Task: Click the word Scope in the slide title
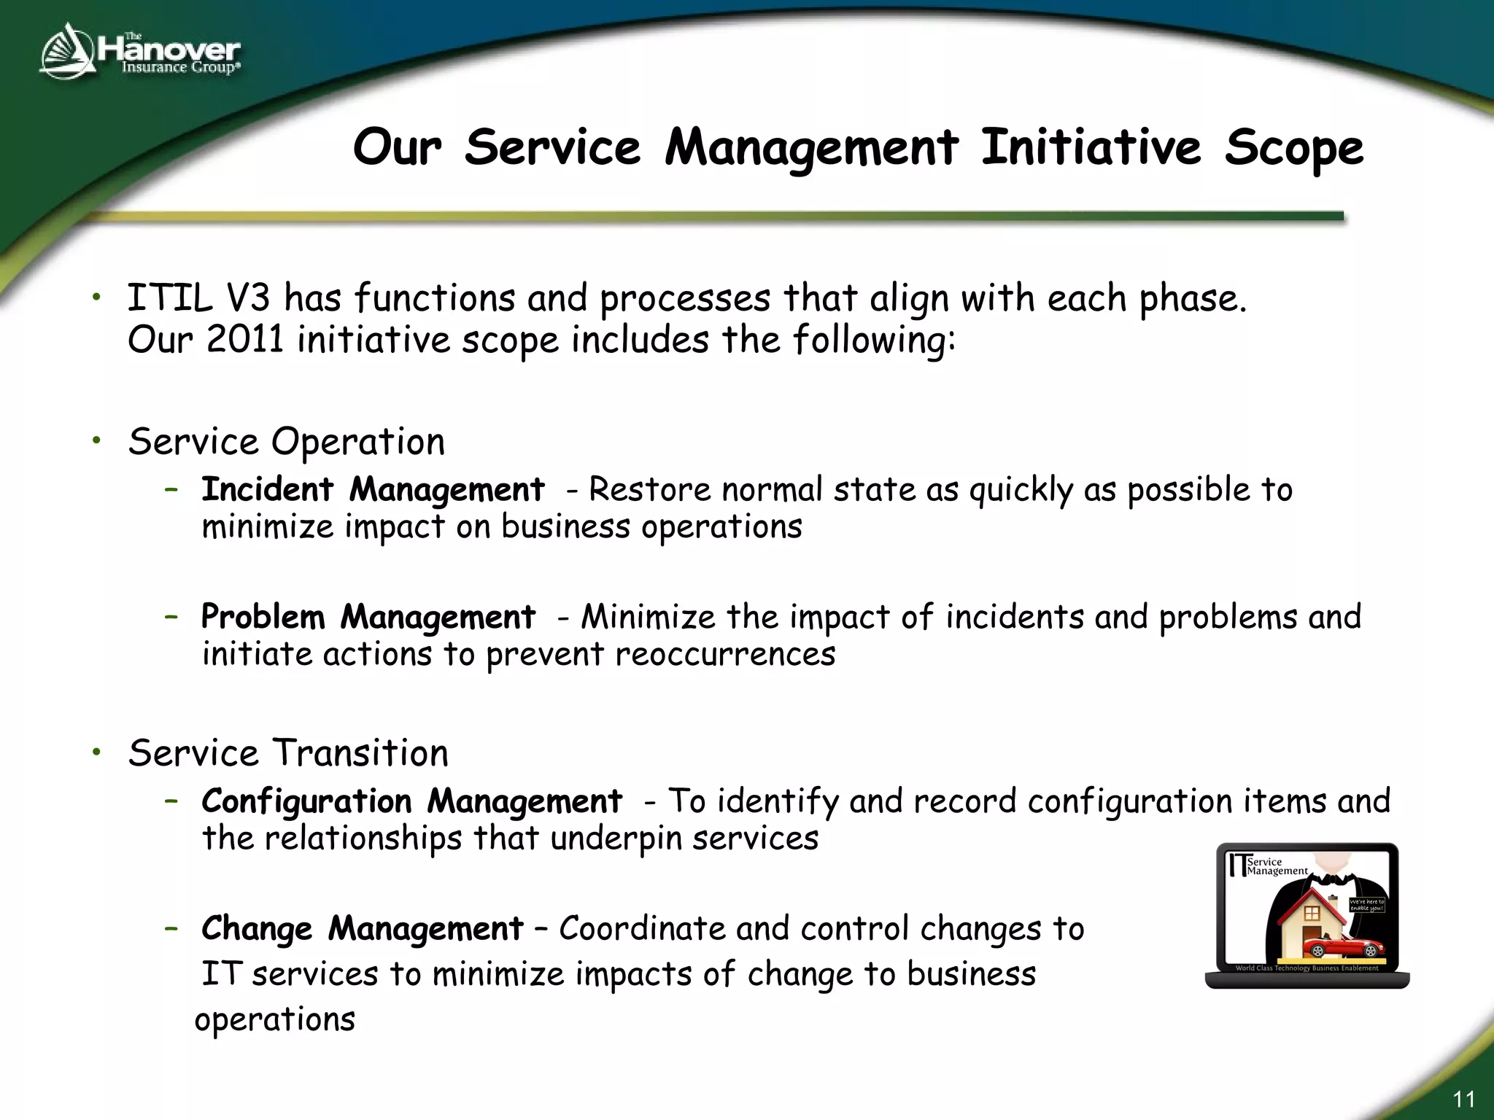[1293, 148]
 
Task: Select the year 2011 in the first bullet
[244, 340]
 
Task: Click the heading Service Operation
[286, 442]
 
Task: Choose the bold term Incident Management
[373, 489]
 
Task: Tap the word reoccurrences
[725, 654]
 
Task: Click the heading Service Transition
[288, 753]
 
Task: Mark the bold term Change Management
[363, 929]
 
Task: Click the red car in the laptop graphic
[1343, 948]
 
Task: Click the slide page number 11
[1463, 1099]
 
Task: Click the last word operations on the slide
[275, 1019]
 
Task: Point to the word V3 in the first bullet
[248, 298]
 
